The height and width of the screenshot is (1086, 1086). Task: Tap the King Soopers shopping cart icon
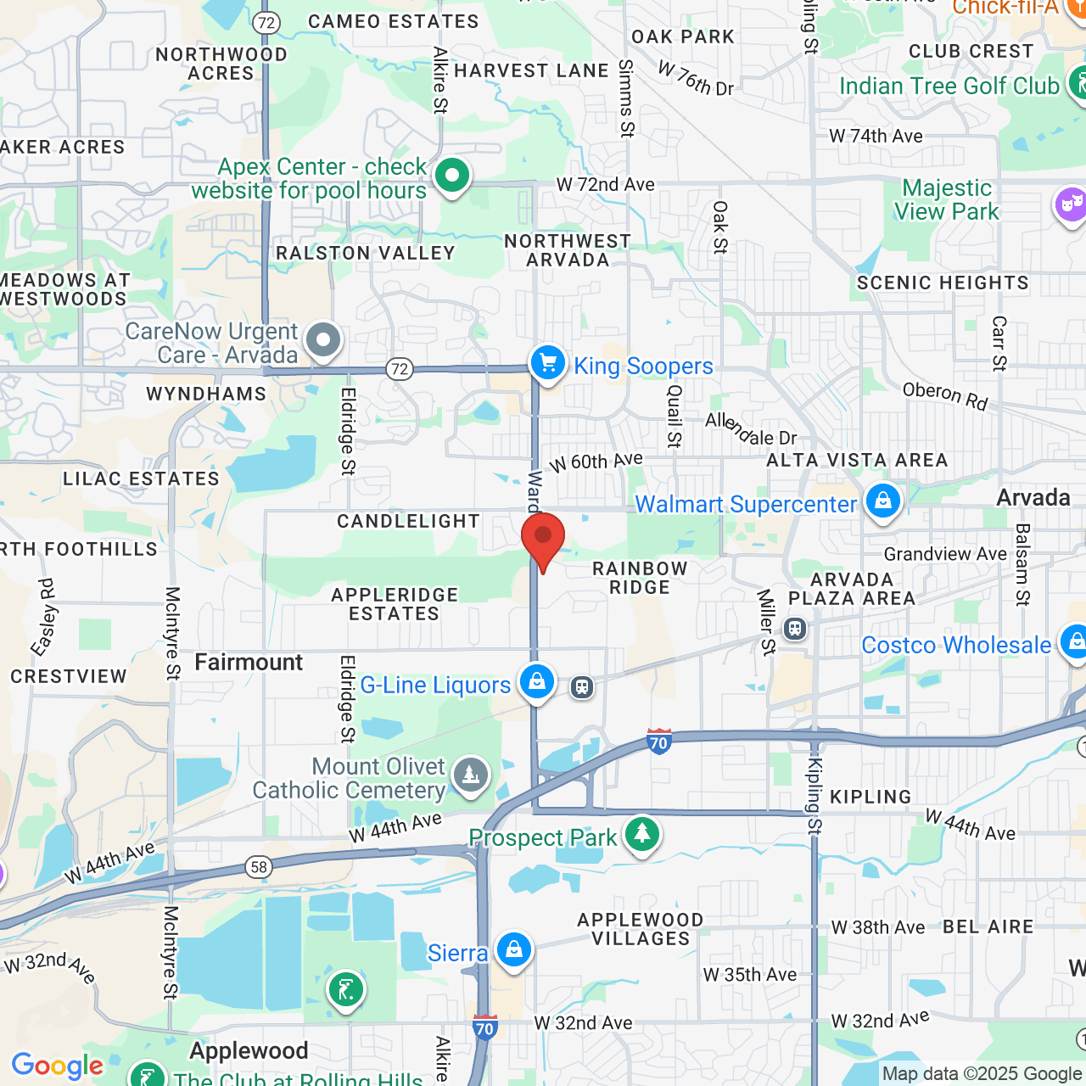548,363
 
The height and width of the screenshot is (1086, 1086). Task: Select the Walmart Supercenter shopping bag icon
882,501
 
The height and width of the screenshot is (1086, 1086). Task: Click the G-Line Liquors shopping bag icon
537,682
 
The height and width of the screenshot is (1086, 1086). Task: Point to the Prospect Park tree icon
642,834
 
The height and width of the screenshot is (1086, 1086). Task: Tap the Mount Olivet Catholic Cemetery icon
470,775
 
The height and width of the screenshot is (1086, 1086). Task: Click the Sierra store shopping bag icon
514,950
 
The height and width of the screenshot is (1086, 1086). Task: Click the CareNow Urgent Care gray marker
322,341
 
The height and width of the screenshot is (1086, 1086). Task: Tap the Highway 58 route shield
259,866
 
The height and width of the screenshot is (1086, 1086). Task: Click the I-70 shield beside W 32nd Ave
484,1028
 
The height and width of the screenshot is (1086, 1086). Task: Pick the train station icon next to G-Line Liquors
582,686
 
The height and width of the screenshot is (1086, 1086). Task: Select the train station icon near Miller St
795,629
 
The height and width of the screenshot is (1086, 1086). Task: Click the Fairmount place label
249,662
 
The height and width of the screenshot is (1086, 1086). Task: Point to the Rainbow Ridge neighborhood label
640,578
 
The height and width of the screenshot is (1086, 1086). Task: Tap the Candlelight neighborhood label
408,521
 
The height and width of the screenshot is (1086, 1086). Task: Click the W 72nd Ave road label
605,184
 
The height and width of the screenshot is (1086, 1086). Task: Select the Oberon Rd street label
945,395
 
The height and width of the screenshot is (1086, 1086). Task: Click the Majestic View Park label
946,199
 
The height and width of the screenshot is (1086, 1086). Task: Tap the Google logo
57,1066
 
